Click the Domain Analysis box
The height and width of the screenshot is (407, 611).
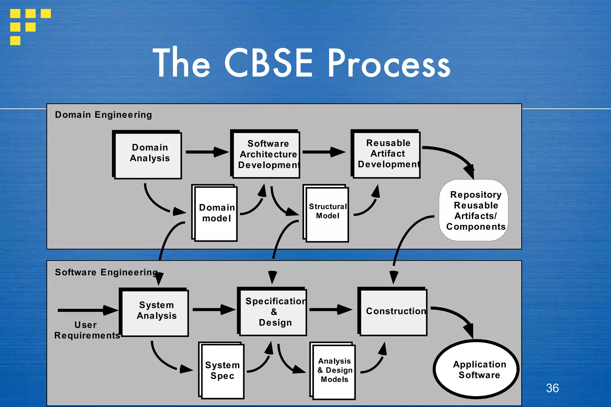148,155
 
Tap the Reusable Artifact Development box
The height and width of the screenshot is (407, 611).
387,154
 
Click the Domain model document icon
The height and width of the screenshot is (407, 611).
215,213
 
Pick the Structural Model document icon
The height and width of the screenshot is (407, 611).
327,213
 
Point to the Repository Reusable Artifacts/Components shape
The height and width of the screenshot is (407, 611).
474,210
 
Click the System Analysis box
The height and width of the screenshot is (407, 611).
155,312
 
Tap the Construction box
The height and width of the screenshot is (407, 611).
394,312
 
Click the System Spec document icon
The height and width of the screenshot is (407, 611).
222,370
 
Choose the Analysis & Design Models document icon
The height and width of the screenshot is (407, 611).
334,370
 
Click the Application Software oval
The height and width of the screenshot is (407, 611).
476,369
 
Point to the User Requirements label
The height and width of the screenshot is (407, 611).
87,330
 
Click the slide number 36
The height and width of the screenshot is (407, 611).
552,388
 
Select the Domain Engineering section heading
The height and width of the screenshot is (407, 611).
103,115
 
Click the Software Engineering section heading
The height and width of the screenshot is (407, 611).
106,272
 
